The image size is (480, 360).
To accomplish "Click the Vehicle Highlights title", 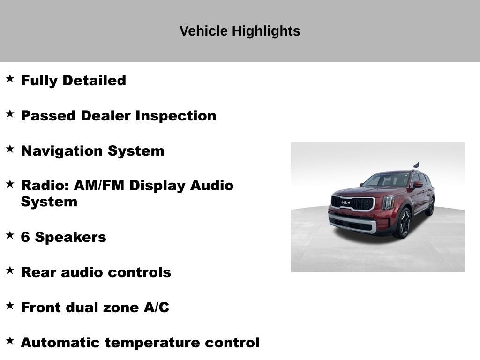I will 240,31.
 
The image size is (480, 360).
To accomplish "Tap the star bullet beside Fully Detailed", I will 10,78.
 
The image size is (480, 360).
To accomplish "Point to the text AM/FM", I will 99,186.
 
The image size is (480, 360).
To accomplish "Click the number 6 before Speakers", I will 25,237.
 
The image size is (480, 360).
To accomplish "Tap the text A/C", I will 156,307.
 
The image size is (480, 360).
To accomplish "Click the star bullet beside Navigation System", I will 10,149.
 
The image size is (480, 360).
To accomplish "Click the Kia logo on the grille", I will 345,202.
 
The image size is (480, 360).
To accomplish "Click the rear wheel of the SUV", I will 430,207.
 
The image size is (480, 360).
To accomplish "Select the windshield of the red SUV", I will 387,180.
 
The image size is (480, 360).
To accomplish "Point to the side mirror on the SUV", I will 417,184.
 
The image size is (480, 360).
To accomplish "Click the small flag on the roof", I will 416,165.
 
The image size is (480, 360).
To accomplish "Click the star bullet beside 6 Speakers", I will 10,235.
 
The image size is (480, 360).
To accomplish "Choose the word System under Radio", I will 49,202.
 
